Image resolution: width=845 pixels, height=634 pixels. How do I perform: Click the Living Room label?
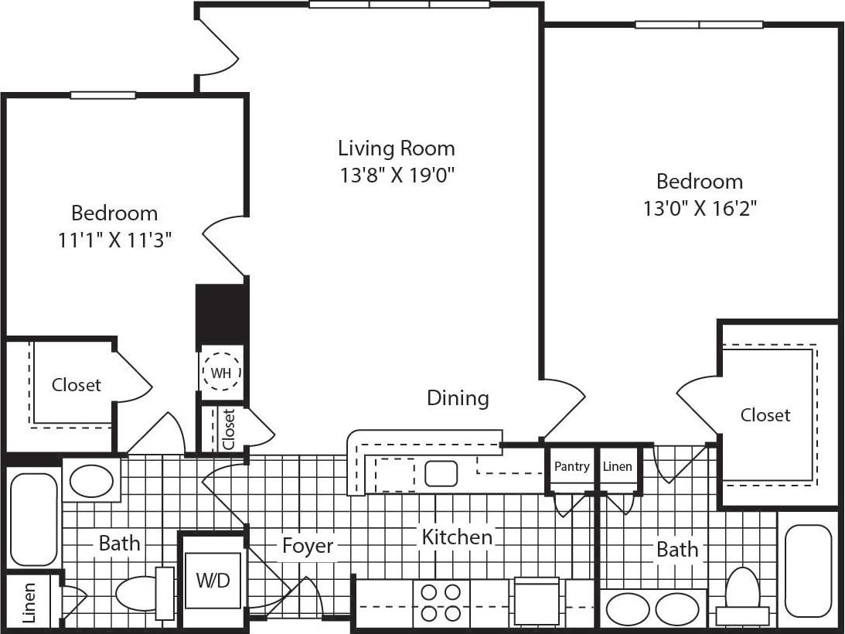click(396, 148)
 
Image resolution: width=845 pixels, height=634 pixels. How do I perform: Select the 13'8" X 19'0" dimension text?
click(396, 175)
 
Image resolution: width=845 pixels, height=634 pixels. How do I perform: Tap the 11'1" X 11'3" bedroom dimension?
click(114, 240)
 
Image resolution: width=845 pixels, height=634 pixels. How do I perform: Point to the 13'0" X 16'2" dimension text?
click(700, 208)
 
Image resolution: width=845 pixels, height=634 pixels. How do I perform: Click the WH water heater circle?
click(221, 373)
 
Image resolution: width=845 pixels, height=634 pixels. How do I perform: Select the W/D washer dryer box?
click(213, 580)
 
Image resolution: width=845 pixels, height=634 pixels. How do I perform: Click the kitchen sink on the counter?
click(441, 473)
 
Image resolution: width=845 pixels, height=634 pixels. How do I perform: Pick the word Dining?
click(458, 398)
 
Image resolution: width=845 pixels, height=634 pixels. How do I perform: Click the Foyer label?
click(308, 546)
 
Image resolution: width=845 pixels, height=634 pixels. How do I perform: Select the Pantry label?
click(571, 466)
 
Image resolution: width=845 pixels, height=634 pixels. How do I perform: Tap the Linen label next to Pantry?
click(617, 466)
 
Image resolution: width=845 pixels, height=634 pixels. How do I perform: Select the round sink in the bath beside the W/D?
click(91, 481)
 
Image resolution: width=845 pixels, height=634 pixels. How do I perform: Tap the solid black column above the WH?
click(221, 313)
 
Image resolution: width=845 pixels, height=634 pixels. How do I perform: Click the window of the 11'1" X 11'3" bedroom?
click(103, 95)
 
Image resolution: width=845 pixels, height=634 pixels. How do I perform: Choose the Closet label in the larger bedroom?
click(765, 415)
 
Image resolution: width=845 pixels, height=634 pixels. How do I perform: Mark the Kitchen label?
click(456, 537)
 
